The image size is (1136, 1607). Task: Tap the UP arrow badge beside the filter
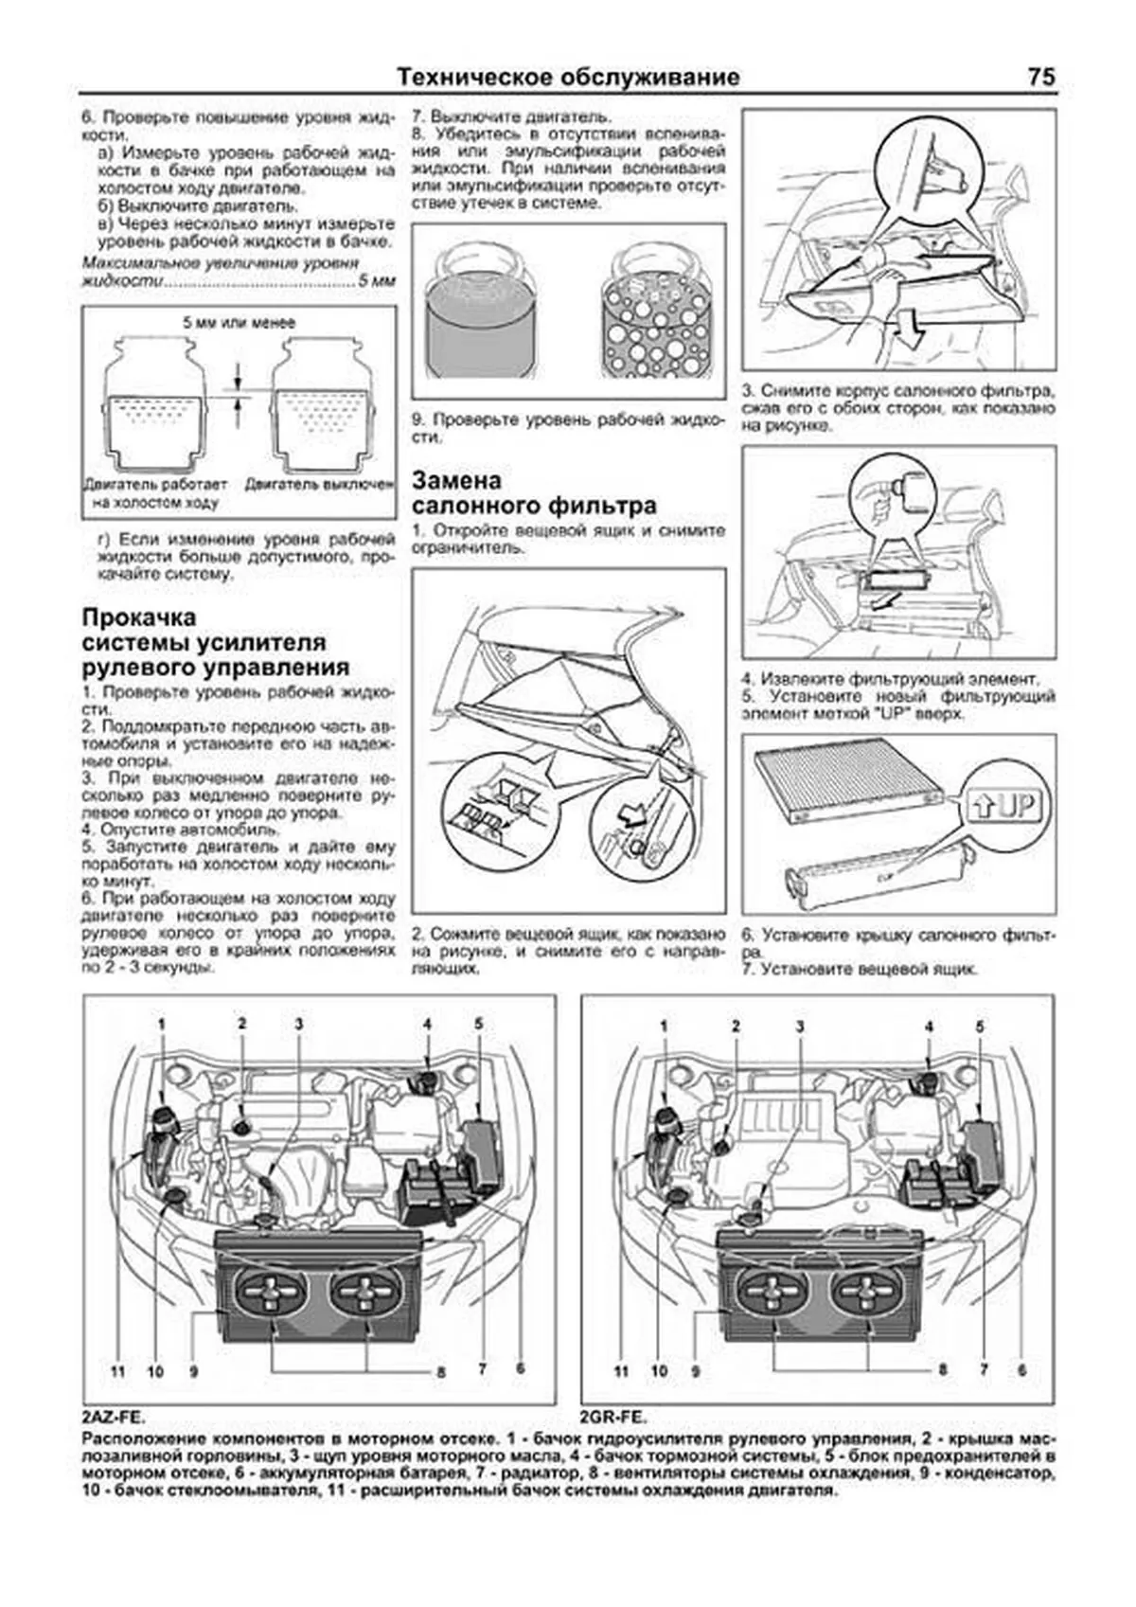[1001, 806]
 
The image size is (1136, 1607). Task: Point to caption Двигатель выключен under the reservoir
[319, 484]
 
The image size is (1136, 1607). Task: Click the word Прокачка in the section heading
[139, 617]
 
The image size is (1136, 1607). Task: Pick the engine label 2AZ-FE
[115, 1419]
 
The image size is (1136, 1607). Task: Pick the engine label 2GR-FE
[613, 1419]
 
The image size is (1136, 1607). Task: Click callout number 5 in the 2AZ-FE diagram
[479, 1024]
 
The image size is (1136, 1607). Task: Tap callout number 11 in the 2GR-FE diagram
[621, 1370]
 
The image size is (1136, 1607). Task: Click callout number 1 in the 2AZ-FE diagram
[162, 1024]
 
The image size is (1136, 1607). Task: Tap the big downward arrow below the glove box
[910, 330]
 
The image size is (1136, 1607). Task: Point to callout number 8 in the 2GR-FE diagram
[942, 1370]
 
